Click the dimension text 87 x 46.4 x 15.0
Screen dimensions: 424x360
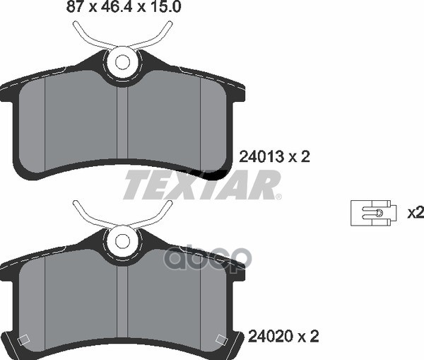click(x=123, y=6)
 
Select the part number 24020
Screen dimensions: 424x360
click(x=271, y=337)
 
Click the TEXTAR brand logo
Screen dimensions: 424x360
click(x=201, y=185)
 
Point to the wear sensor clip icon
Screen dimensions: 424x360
click(x=373, y=213)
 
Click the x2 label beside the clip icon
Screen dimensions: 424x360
click(x=416, y=213)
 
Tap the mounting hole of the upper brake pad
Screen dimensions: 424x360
click(x=122, y=62)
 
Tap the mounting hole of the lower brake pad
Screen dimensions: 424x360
click(x=122, y=240)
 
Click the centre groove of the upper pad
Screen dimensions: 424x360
click(x=122, y=123)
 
